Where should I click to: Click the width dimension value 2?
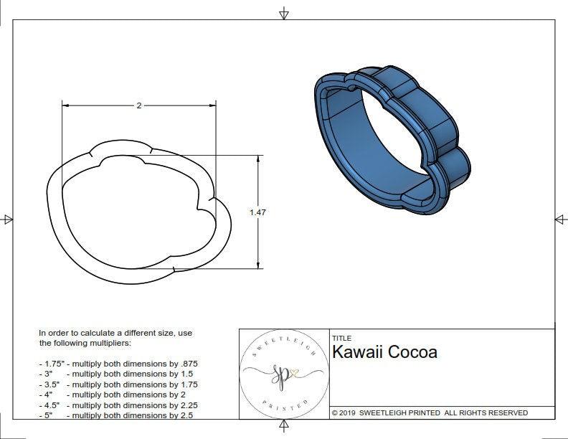click(x=138, y=105)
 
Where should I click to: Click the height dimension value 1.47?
click(x=257, y=212)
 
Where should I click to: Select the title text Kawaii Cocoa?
click(x=384, y=352)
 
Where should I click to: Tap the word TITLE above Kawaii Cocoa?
click(x=341, y=338)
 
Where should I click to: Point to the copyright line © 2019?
click(x=430, y=412)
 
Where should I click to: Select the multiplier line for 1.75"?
click(x=118, y=364)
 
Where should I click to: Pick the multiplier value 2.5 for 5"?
click(x=188, y=415)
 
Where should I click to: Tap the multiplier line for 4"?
click(x=115, y=395)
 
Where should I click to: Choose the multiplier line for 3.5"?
click(x=118, y=384)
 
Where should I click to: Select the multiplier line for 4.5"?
click(x=118, y=405)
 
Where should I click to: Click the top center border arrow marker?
click(x=284, y=14)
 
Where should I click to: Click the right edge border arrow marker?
click(x=559, y=219)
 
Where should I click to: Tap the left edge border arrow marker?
click(x=8, y=219)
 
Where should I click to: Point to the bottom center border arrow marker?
click(x=284, y=428)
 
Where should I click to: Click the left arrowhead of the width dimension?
click(x=65, y=105)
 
